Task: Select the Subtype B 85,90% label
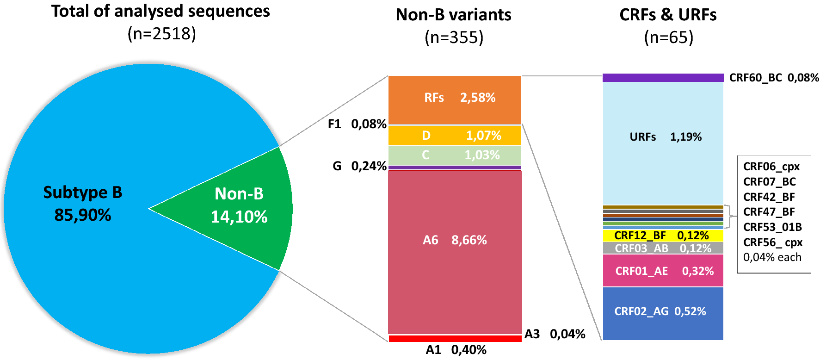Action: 83,204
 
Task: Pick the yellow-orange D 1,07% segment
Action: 455,136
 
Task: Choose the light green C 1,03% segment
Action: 455,155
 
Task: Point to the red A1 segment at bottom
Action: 455,339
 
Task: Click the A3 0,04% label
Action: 555,334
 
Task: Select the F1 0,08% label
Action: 357,124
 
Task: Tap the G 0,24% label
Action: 359,166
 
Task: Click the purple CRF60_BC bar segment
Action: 663,78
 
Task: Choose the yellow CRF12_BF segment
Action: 663,236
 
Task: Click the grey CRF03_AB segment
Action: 663,248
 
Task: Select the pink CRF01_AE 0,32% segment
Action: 663,271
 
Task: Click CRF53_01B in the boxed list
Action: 772,227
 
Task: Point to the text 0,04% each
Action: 772,257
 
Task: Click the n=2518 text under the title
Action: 161,34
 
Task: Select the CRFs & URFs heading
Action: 667,15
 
